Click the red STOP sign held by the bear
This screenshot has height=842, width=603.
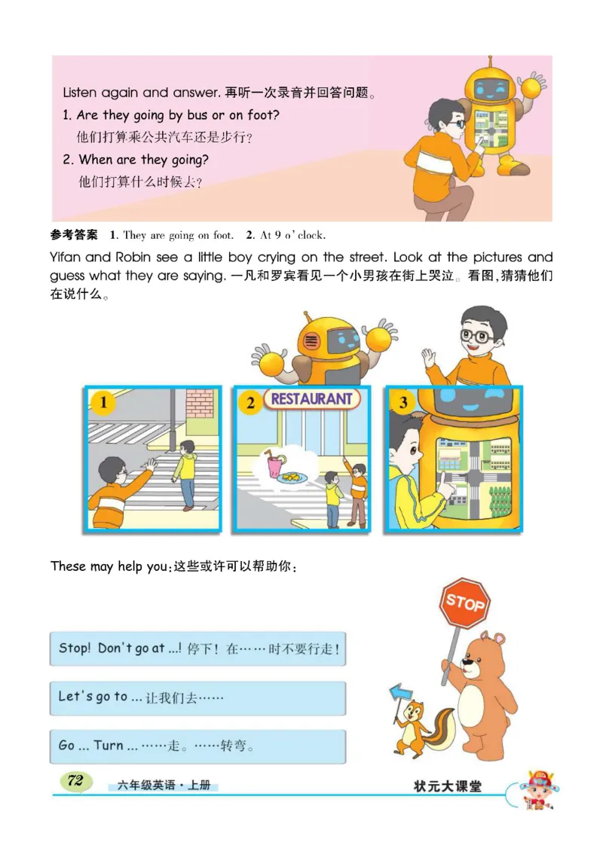(x=464, y=602)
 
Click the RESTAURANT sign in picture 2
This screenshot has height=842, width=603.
(x=311, y=399)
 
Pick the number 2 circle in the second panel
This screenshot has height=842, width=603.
(x=249, y=403)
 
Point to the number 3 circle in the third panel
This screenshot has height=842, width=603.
(x=403, y=402)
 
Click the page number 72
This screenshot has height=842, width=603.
(x=75, y=781)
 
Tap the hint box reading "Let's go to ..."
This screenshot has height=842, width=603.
(x=197, y=697)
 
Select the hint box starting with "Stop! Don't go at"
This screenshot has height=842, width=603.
(x=197, y=648)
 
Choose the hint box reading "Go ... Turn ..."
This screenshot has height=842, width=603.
(x=197, y=746)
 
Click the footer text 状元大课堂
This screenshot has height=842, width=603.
(x=448, y=786)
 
